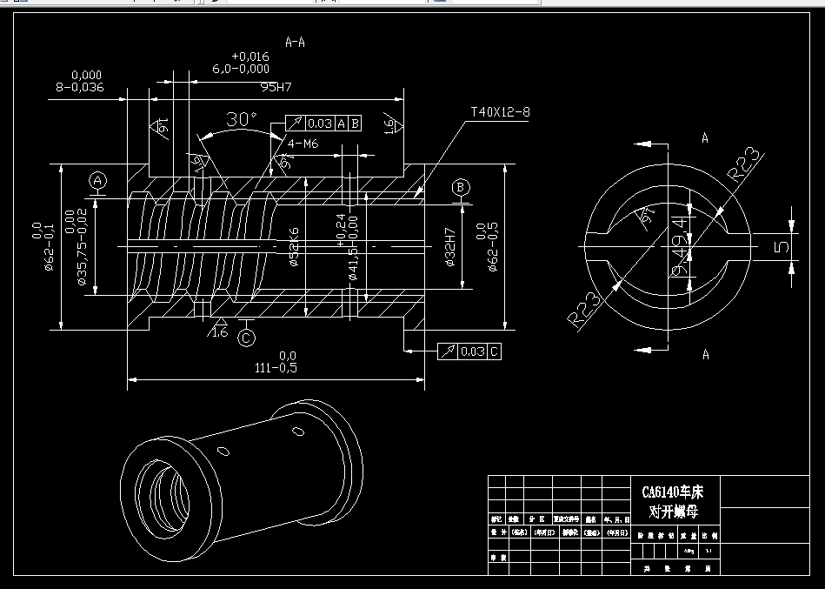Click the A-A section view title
(296, 41)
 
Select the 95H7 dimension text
(276, 88)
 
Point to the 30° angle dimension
(241, 120)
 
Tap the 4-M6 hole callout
(303, 144)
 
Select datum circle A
(98, 181)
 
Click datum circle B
(462, 187)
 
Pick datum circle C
(246, 336)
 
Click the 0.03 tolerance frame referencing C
(469, 351)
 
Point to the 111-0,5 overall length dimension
(276, 367)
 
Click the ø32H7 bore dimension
(451, 248)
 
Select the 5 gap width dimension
(782, 246)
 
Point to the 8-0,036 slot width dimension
(79, 87)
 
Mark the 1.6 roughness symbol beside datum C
(218, 331)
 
